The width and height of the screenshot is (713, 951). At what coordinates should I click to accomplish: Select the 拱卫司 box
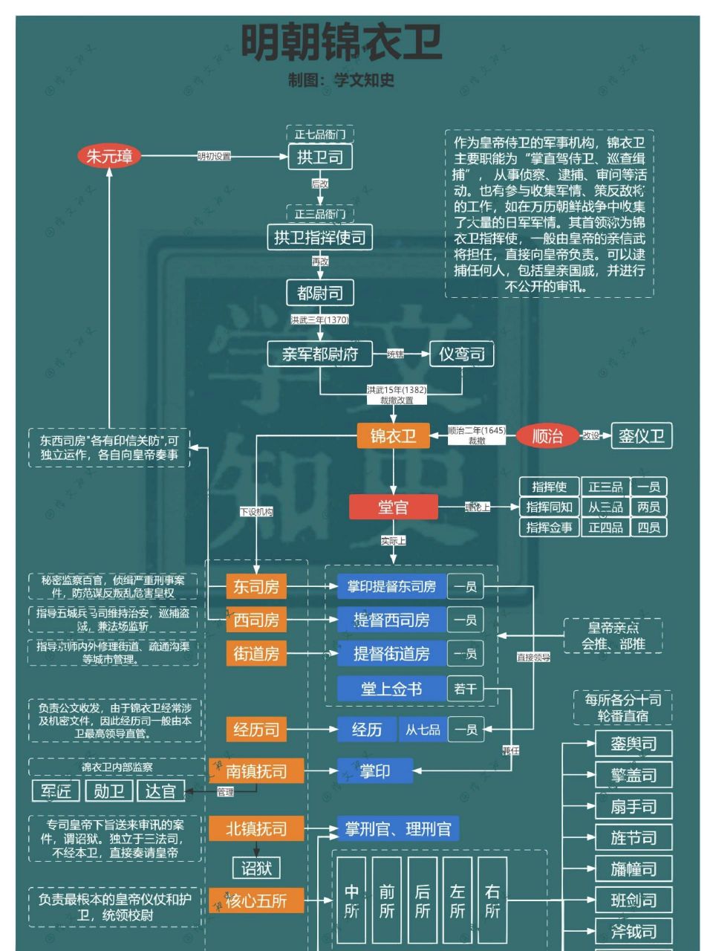pyautogui.click(x=319, y=157)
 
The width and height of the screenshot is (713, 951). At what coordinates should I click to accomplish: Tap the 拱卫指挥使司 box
pyautogui.click(x=319, y=238)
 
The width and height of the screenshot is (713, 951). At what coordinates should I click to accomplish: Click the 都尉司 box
pyautogui.click(x=319, y=293)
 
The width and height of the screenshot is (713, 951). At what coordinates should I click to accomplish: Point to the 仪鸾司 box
pyautogui.click(x=461, y=354)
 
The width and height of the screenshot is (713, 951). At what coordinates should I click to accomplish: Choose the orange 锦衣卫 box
pyautogui.click(x=393, y=435)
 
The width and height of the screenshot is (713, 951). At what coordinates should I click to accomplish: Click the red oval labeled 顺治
pyautogui.click(x=547, y=436)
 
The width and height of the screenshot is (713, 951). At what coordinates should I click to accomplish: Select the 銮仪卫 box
pyautogui.click(x=641, y=436)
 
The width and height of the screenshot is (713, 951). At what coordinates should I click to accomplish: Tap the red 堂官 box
pyautogui.click(x=393, y=507)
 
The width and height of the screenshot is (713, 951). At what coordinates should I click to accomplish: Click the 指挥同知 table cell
pyautogui.click(x=549, y=507)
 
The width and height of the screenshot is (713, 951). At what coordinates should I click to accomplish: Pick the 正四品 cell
pyautogui.click(x=605, y=528)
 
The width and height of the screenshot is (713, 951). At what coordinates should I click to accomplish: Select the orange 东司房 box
pyautogui.click(x=256, y=587)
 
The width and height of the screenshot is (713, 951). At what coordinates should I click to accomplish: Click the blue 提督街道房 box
pyautogui.click(x=391, y=654)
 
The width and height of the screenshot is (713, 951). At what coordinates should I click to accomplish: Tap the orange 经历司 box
pyautogui.click(x=256, y=730)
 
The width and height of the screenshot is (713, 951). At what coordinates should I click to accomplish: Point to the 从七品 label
pyautogui.click(x=423, y=730)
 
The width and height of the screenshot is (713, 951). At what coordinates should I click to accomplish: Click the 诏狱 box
pyautogui.click(x=256, y=868)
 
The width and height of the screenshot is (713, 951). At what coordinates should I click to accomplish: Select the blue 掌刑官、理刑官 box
pyautogui.click(x=398, y=828)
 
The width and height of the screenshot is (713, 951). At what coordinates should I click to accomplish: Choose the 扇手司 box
pyautogui.click(x=634, y=807)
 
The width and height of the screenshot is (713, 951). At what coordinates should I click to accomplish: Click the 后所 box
pyautogui.click(x=422, y=900)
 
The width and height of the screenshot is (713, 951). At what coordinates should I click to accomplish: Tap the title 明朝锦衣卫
pyautogui.click(x=342, y=43)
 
